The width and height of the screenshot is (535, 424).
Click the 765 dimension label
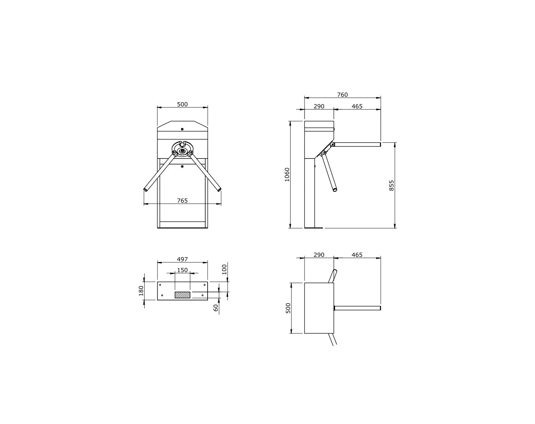click(x=182, y=201)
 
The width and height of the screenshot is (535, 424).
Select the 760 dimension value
click(x=342, y=95)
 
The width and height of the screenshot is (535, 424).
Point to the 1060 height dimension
click(x=287, y=174)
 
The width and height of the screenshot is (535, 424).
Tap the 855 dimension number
click(x=392, y=186)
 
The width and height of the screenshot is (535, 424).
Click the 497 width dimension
click(x=182, y=259)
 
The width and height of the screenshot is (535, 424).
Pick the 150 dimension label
click(x=182, y=270)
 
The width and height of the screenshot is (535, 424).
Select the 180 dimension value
click(x=141, y=291)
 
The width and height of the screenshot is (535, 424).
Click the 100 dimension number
click(x=224, y=270)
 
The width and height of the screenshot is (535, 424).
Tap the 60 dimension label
click(x=216, y=308)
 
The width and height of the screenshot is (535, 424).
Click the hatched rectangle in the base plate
click(x=182, y=295)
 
